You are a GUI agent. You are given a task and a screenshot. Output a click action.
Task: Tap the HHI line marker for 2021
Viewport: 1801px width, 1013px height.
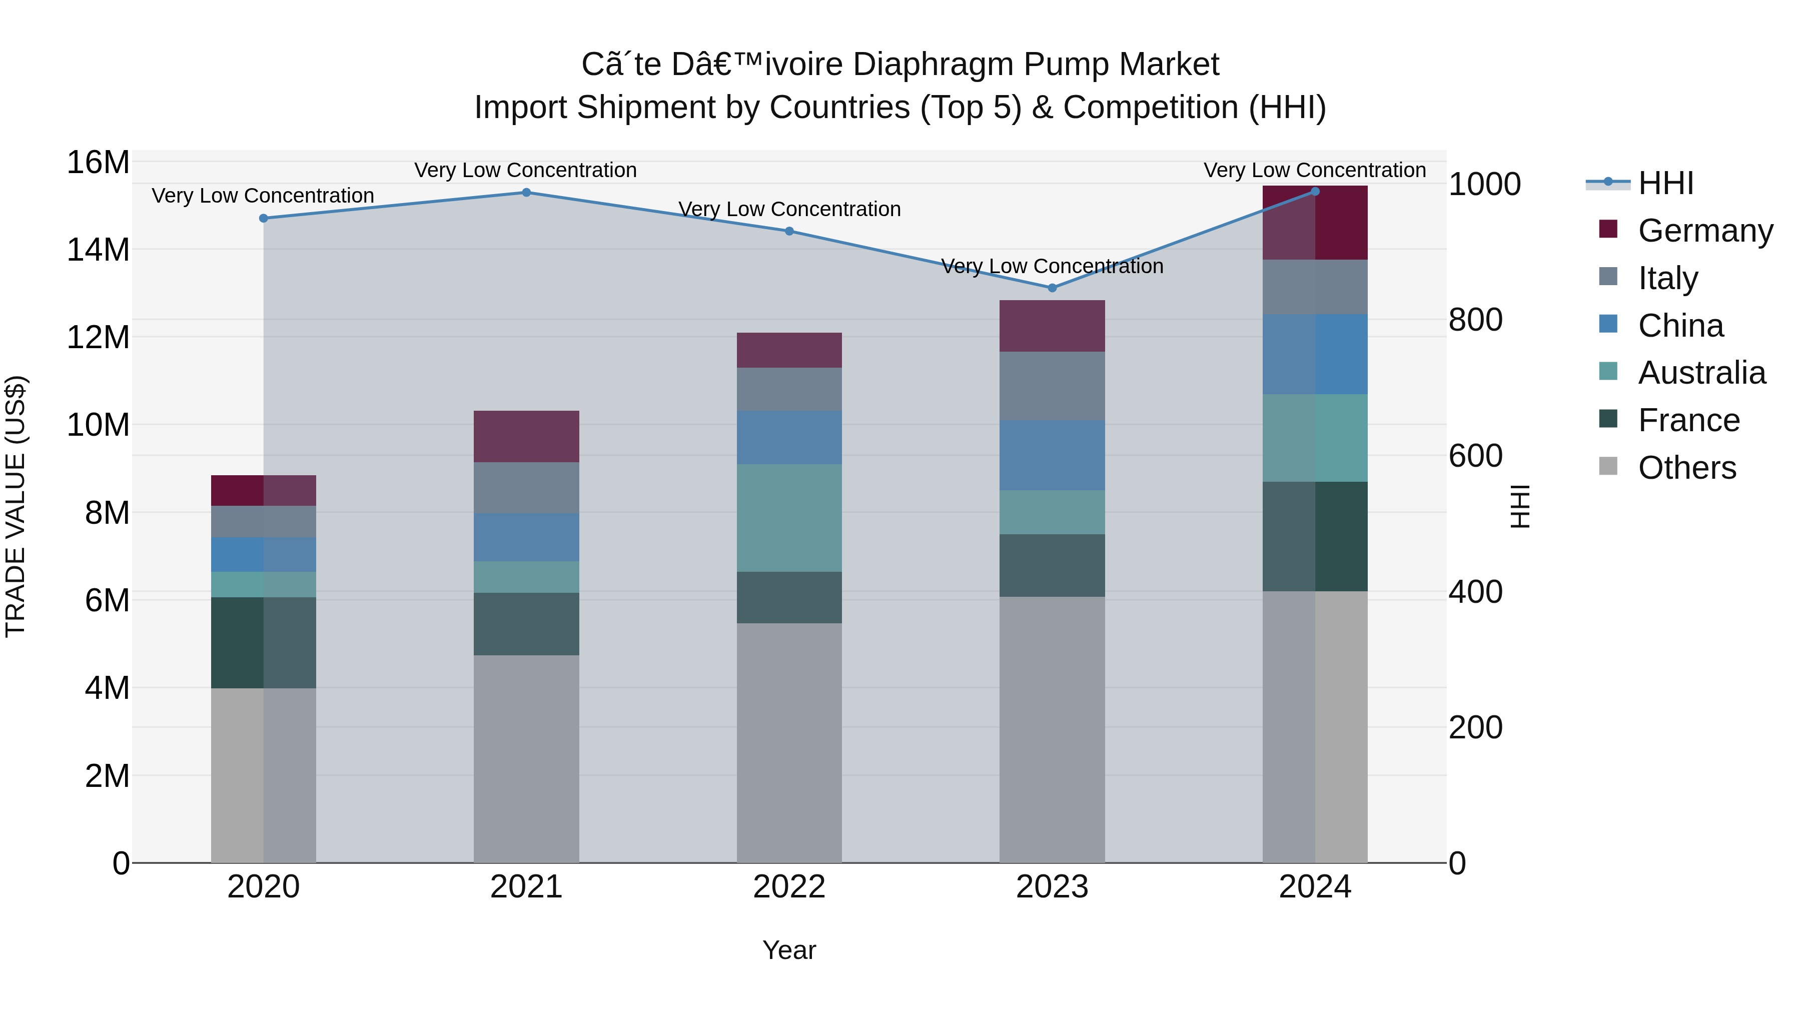[526, 192]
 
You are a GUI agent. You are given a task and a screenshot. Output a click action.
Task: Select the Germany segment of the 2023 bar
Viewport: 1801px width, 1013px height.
[1052, 326]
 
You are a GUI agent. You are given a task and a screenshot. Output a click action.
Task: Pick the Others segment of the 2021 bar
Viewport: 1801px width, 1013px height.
[526, 758]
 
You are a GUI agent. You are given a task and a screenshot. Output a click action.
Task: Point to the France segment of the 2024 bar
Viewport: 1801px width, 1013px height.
[1315, 536]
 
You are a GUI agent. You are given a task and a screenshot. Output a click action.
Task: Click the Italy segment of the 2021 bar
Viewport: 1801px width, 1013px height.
[526, 487]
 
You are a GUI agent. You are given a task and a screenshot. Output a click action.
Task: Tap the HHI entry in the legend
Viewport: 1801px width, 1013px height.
[1665, 183]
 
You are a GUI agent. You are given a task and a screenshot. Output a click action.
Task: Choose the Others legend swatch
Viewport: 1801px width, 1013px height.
[1608, 466]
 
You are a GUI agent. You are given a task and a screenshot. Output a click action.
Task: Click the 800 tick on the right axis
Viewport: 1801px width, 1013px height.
[1475, 320]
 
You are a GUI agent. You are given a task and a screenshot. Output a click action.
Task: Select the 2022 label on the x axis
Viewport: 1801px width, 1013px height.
[789, 887]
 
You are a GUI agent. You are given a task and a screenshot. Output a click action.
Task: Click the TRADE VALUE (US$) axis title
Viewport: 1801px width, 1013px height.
[16, 506]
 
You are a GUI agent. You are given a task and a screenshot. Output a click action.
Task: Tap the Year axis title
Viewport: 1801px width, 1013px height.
[789, 950]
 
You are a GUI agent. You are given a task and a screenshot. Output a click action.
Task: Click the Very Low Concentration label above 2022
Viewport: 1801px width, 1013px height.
[789, 209]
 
